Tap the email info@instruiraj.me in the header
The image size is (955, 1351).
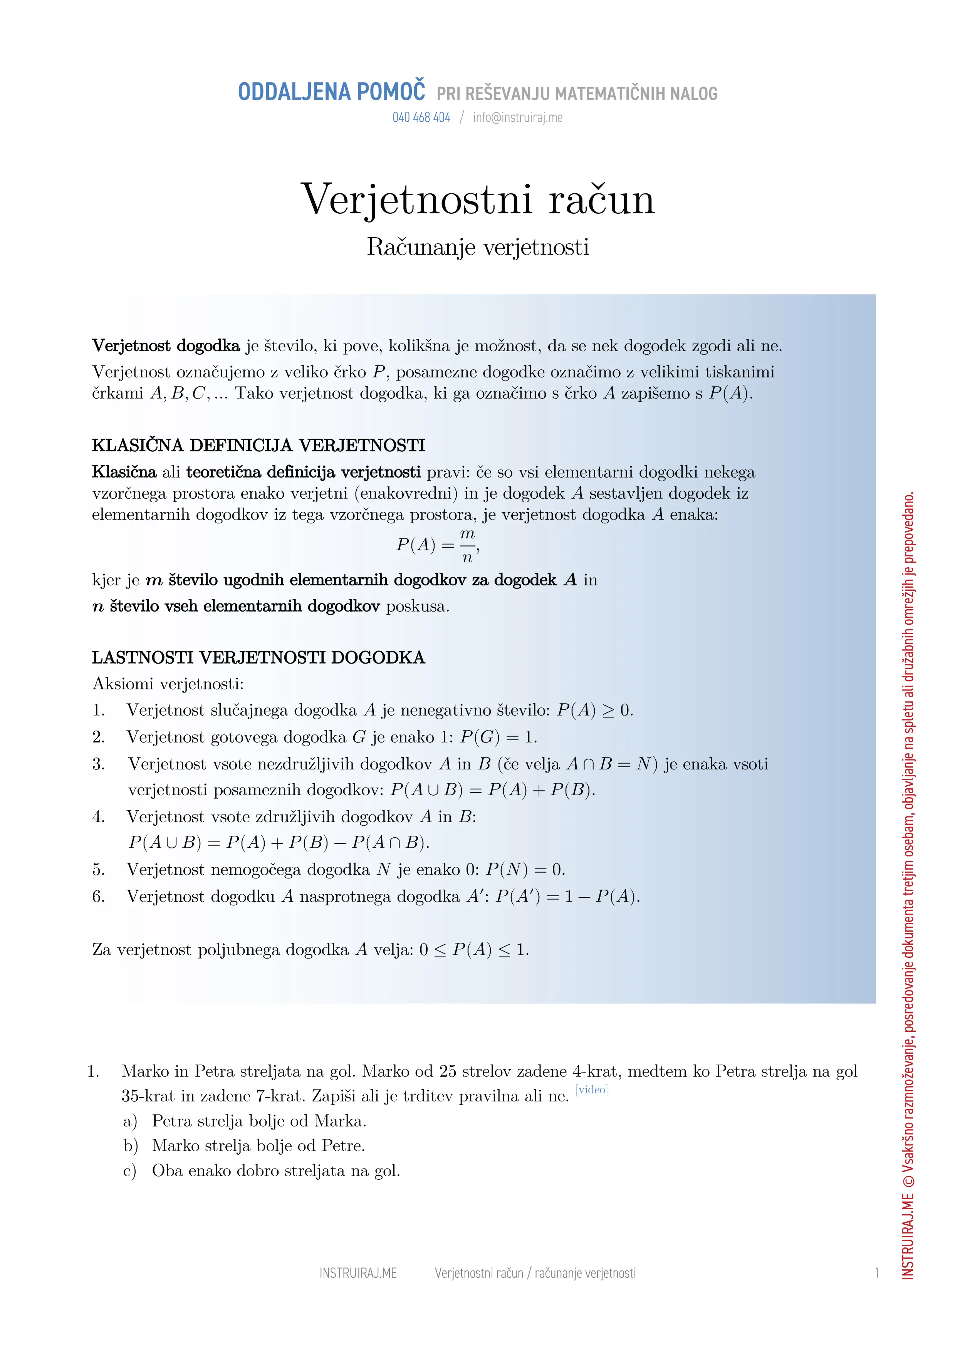pos(517,118)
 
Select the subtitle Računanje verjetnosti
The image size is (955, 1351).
pos(477,247)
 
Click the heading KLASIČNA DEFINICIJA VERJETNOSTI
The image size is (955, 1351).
pos(258,446)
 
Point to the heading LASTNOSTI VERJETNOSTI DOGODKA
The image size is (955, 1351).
pos(258,657)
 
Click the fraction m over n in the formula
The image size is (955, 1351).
pos(467,545)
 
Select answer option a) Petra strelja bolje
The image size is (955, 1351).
pos(259,1121)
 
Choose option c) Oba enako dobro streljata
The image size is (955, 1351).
pos(275,1170)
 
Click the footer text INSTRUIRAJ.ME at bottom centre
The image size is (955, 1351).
pos(358,1273)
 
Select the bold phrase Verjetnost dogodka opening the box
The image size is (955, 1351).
pos(166,345)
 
